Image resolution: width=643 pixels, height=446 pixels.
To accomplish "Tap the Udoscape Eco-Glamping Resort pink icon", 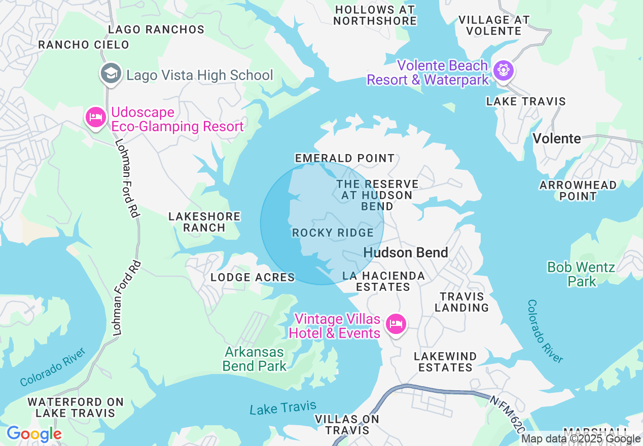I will pyautogui.click(x=95, y=118).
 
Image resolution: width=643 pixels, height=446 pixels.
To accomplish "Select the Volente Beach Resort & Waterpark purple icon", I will pyautogui.click(x=503, y=69).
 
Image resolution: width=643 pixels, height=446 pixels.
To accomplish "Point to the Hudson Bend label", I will pyautogui.click(x=406, y=252).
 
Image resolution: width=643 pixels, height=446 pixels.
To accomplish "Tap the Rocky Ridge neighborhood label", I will pyautogui.click(x=333, y=233).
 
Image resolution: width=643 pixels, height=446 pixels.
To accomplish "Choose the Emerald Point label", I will pyautogui.click(x=345, y=158).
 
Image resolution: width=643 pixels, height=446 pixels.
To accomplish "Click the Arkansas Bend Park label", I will pyautogui.click(x=255, y=359).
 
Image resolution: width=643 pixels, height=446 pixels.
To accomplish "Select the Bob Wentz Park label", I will pyautogui.click(x=581, y=274).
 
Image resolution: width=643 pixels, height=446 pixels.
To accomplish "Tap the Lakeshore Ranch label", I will pyautogui.click(x=204, y=222).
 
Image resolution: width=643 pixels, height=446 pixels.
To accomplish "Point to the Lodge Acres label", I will pyautogui.click(x=253, y=277).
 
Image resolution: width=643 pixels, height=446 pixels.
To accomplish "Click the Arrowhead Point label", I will pyautogui.click(x=578, y=191).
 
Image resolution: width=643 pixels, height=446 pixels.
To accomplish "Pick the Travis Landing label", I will pyautogui.click(x=461, y=302).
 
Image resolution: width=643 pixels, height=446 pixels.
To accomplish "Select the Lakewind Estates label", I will pyautogui.click(x=445, y=362).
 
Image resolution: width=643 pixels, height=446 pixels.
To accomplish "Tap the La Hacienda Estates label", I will pyautogui.click(x=383, y=281).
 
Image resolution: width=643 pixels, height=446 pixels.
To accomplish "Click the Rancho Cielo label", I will pyautogui.click(x=84, y=45).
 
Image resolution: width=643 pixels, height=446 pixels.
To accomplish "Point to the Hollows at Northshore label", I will pyautogui.click(x=375, y=15).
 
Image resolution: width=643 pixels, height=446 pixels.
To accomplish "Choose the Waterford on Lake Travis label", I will pyautogui.click(x=76, y=407).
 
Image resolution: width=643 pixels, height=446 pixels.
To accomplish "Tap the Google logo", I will pyautogui.click(x=34, y=434).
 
